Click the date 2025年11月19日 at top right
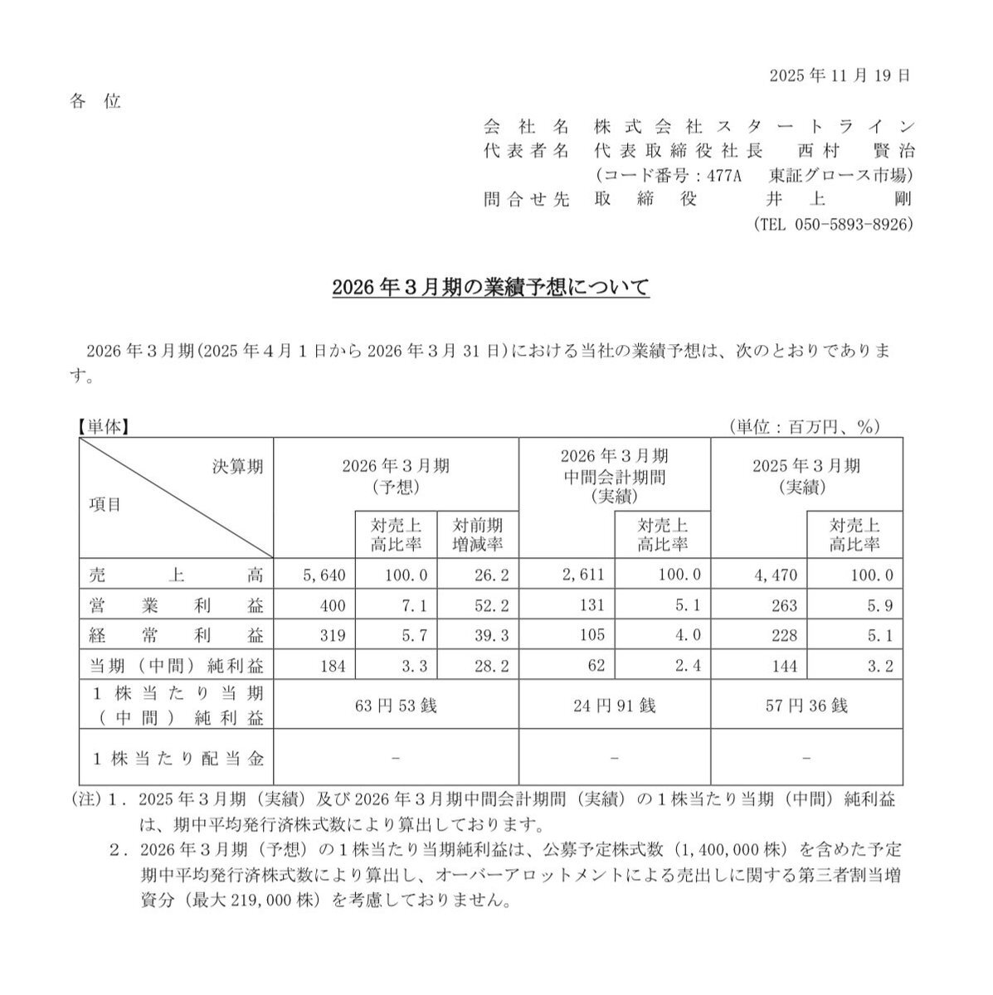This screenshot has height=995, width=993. click(x=840, y=75)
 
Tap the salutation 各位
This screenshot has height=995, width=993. click(x=95, y=102)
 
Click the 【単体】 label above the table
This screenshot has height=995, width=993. click(x=100, y=426)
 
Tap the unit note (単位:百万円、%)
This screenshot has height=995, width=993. click(x=803, y=426)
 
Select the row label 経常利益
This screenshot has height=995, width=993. click(x=176, y=636)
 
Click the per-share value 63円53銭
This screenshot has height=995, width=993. click(x=395, y=706)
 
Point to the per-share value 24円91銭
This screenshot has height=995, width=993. click(x=614, y=706)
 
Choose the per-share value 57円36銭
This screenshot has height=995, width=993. click(x=806, y=706)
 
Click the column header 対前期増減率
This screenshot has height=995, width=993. click(x=477, y=535)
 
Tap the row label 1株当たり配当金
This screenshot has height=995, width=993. click(x=176, y=757)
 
